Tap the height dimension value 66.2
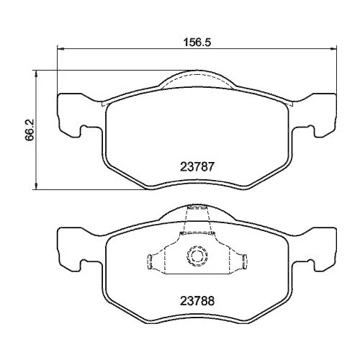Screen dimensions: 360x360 29,130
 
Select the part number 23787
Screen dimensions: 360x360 194,165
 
